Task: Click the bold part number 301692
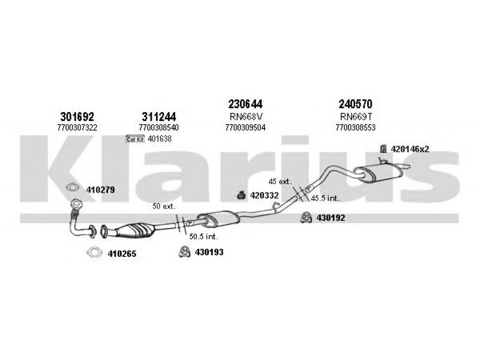tap(77, 116)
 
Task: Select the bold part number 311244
tap(159, 116)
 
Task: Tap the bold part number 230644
tap(245, 104)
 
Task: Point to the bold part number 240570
tap(355, 104)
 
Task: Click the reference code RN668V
tap(246, 116)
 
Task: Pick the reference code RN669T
tap(356, 116)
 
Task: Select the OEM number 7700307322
tap(77, 127)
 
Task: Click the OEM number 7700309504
tap(245, 127)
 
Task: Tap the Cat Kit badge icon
tap(135, 139)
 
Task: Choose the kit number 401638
tap(160, 139)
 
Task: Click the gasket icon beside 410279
tap(73, 187)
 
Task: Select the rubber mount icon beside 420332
tap(242, 195)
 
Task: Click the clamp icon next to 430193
tap(184, 251)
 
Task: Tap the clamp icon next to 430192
tap(306, 217)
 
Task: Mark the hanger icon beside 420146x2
tap(383, 149)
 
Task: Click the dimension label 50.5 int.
tap(203, 236)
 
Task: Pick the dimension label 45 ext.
tap(280, 181)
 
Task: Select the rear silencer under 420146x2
tap(377, 173)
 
